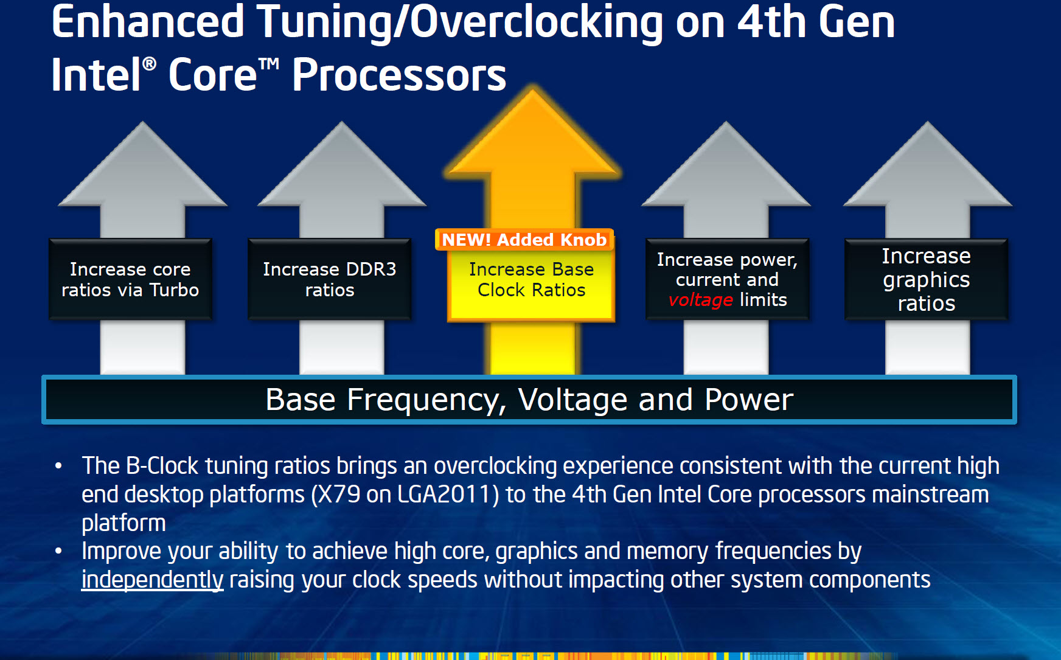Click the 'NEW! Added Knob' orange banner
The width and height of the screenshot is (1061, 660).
click(524, 240)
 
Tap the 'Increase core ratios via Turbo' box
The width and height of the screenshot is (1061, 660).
click(130, 279)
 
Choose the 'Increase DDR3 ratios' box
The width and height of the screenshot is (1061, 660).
click(329, 279)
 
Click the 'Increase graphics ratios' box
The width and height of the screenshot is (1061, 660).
click(926, 279)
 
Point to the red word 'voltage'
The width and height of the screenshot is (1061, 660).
click(700, 300)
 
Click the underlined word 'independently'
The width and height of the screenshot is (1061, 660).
click(152, 580)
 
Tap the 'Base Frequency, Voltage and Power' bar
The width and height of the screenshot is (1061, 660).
click(529, 400)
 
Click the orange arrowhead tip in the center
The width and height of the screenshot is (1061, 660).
click(533, 90)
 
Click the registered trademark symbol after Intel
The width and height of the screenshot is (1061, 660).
click(149, 63)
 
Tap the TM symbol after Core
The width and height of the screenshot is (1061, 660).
click(269, 63)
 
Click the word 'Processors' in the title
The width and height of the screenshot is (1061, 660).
click(399, 75)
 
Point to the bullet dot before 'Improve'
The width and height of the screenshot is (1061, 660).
click(58, 551)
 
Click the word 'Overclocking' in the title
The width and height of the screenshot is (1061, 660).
click(537, 22)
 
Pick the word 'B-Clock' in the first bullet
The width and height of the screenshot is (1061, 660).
click(162, 466)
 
